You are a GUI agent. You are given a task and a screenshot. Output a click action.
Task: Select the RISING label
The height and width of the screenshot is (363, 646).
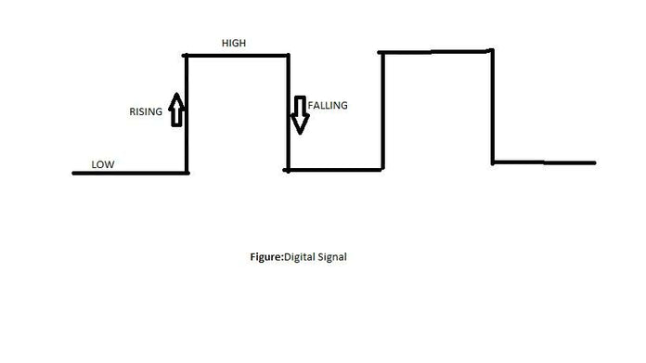click(146, 112)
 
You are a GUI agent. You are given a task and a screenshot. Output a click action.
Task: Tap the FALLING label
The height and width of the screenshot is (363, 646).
click(328, 105)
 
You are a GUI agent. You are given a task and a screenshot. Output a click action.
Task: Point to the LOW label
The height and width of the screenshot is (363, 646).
click(103, 164)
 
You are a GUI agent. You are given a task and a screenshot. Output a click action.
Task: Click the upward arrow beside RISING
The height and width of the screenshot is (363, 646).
click(176, 109)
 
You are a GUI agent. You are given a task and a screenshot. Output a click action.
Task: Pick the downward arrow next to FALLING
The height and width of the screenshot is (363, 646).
click(299, 114)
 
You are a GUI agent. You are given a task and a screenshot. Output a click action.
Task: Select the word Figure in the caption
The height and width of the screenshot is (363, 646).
click(260, 257)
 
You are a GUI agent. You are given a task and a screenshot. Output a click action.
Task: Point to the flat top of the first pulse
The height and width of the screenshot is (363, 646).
click(238, 56)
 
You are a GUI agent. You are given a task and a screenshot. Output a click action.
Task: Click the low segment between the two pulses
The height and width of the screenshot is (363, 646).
click(334, 170)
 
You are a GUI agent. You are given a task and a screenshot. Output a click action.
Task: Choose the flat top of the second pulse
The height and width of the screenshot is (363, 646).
click(436, 51)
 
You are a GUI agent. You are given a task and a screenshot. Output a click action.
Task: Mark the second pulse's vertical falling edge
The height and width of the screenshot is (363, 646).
click(492, 107)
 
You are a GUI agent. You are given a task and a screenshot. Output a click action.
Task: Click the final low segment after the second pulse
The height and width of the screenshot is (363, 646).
click(543, 162)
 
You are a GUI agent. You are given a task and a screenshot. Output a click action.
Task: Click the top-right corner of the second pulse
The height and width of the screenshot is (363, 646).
click(492, 50)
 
